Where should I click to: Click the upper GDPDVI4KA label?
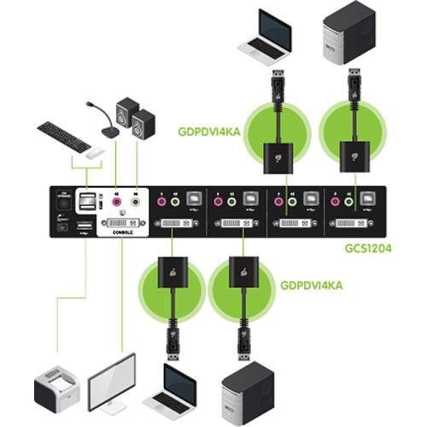(209, 132)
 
